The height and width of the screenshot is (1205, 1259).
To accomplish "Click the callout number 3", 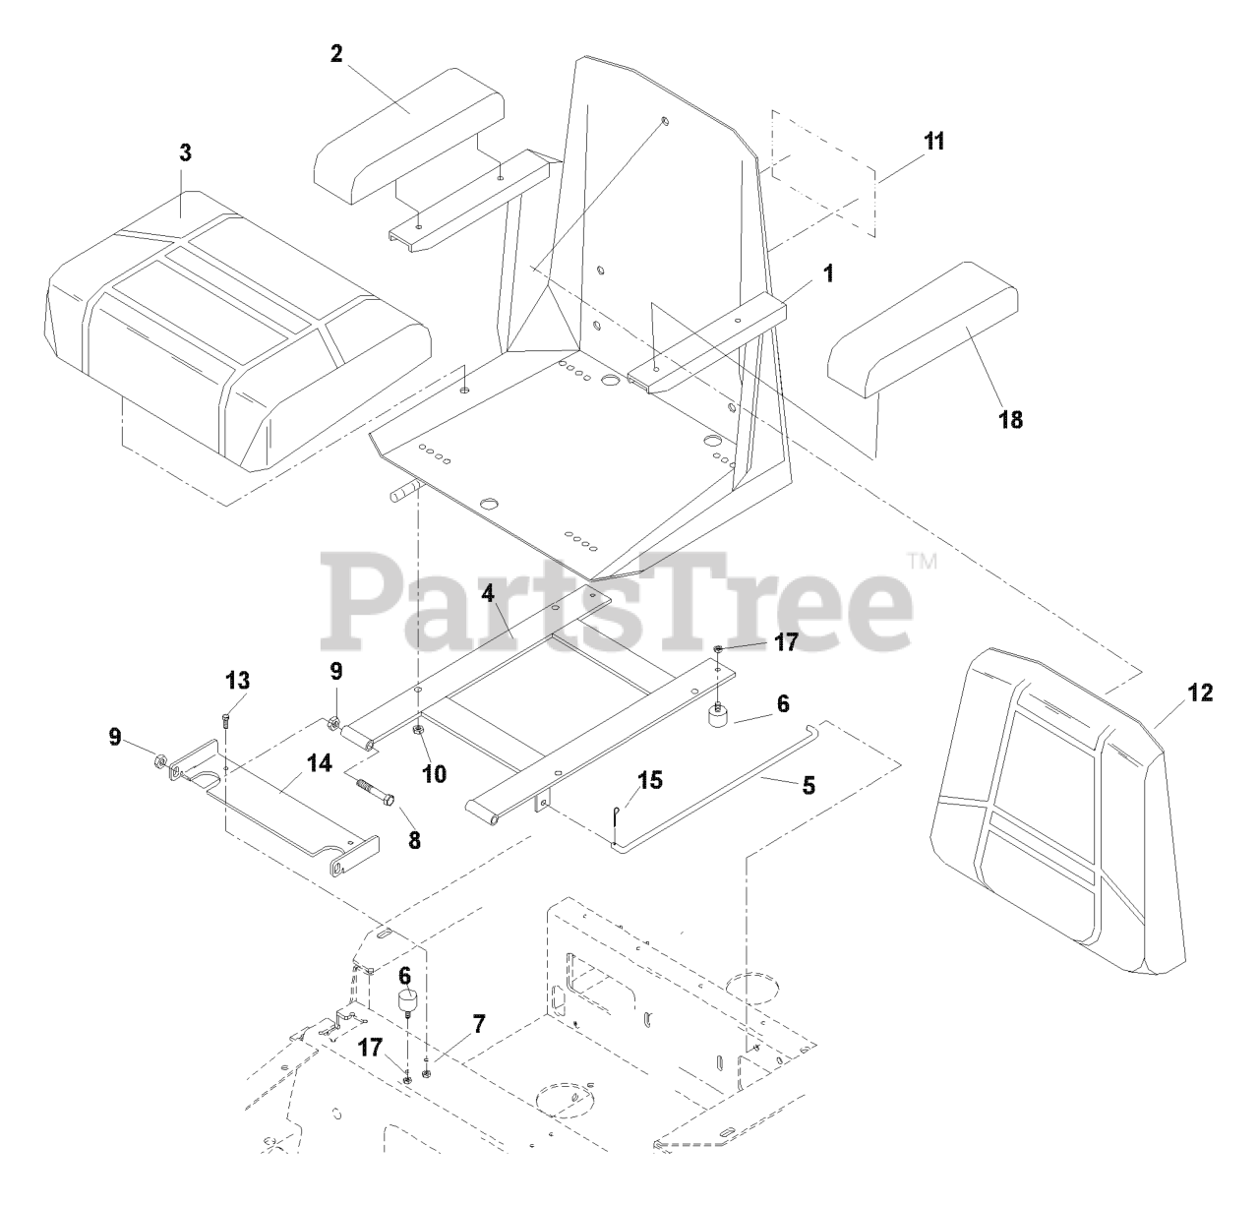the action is point(185,153).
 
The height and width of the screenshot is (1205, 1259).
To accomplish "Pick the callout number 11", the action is point(932,141).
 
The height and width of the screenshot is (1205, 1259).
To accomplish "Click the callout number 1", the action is point(828,274).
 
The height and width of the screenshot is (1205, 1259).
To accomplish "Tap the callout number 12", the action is point(1199,693).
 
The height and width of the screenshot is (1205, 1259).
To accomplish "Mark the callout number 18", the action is point(1010,420).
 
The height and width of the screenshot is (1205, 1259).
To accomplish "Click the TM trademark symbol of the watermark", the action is point(922,563).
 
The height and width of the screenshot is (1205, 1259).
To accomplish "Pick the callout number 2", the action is point(336,54).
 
